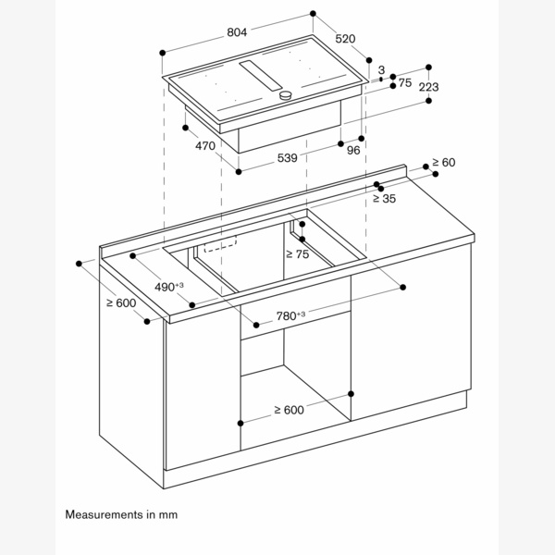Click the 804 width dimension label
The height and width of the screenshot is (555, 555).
point(237,32)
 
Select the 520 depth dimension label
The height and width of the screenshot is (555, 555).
point(345,39)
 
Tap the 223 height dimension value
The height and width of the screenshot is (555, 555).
point(428,87)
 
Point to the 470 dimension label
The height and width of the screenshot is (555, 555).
point(205,145)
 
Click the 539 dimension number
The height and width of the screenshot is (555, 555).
point(287,158)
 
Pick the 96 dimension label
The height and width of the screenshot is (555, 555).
point(353,151)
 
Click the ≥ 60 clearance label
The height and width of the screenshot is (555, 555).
point(443,163)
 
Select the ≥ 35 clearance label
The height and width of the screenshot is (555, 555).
point(384,199)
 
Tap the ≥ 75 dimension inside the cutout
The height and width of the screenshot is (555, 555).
point(297,253)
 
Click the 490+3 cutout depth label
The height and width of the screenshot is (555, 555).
point(169,287)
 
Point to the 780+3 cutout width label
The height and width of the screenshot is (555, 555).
point(290,315)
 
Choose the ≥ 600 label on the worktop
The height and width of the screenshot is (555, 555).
point(121,303)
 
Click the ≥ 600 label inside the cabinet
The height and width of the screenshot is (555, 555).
point(289,410)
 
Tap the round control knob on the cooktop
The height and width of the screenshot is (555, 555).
point(285,95)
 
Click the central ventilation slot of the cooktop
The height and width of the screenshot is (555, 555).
point(261,76)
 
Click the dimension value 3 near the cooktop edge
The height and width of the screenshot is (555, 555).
point(381,69)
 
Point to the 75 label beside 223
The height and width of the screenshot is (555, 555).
point(405,83)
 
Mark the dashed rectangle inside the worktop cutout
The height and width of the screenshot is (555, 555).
point(220,244)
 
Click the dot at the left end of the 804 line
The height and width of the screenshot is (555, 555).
point(163,53)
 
